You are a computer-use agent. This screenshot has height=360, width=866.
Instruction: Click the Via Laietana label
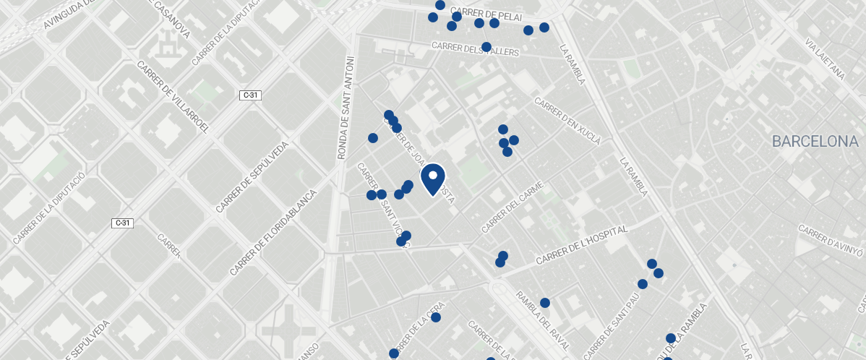tap(824, 59)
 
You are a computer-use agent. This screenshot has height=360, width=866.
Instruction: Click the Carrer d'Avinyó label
tap(831, 240)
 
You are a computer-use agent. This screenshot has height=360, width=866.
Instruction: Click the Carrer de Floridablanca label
tap(274, 231)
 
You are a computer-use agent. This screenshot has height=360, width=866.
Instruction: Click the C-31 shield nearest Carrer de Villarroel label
tap(250, 95)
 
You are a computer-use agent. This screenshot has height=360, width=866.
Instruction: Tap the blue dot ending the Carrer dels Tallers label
tap(486, 47)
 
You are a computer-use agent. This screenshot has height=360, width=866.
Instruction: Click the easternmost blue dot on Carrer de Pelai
tap(544, 27)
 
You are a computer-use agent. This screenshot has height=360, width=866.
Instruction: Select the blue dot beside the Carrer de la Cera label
tap(436, 317)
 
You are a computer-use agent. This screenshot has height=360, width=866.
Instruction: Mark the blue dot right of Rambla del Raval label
tap(545, 303)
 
